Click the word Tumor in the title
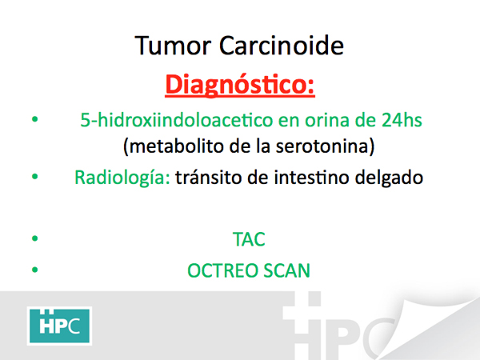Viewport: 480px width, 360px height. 173,46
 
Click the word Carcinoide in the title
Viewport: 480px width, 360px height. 282,46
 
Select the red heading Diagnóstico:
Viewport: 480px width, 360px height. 240,85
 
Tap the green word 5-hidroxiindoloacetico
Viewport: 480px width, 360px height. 177,120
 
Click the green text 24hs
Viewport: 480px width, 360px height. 402,120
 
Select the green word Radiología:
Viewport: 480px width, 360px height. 122,178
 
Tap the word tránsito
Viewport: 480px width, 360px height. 209,178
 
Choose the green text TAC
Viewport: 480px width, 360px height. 249,239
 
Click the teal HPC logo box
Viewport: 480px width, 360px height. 59,326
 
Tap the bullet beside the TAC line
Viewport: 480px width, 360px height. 35,238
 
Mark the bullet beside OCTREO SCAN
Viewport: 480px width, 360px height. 35,270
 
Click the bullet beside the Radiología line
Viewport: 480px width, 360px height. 35,176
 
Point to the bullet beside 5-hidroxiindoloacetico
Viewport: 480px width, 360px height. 35,118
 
